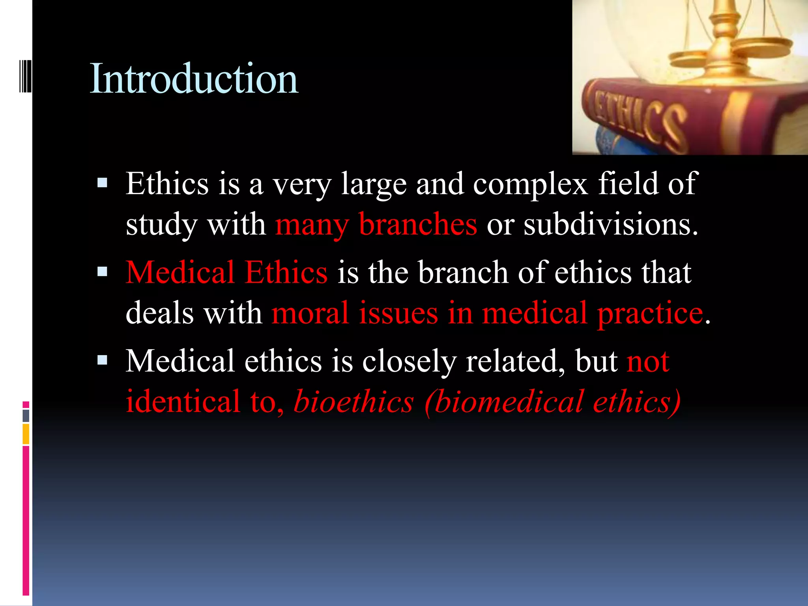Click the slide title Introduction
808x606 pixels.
[x=194, y=79]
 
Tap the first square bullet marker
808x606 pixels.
[x=102, y=183]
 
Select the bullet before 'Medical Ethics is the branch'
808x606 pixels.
[x=102, y=271]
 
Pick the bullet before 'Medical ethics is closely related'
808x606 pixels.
[x=102, y=360]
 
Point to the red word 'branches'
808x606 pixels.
[x=418, y=224]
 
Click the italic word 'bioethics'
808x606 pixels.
[x=353, y=401]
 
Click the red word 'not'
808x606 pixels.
[x=648, y=361]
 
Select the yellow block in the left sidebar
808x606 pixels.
[x=26, y=434]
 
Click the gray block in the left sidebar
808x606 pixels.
[x=26, y=415]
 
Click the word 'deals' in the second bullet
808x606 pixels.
[x=159, y=313]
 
